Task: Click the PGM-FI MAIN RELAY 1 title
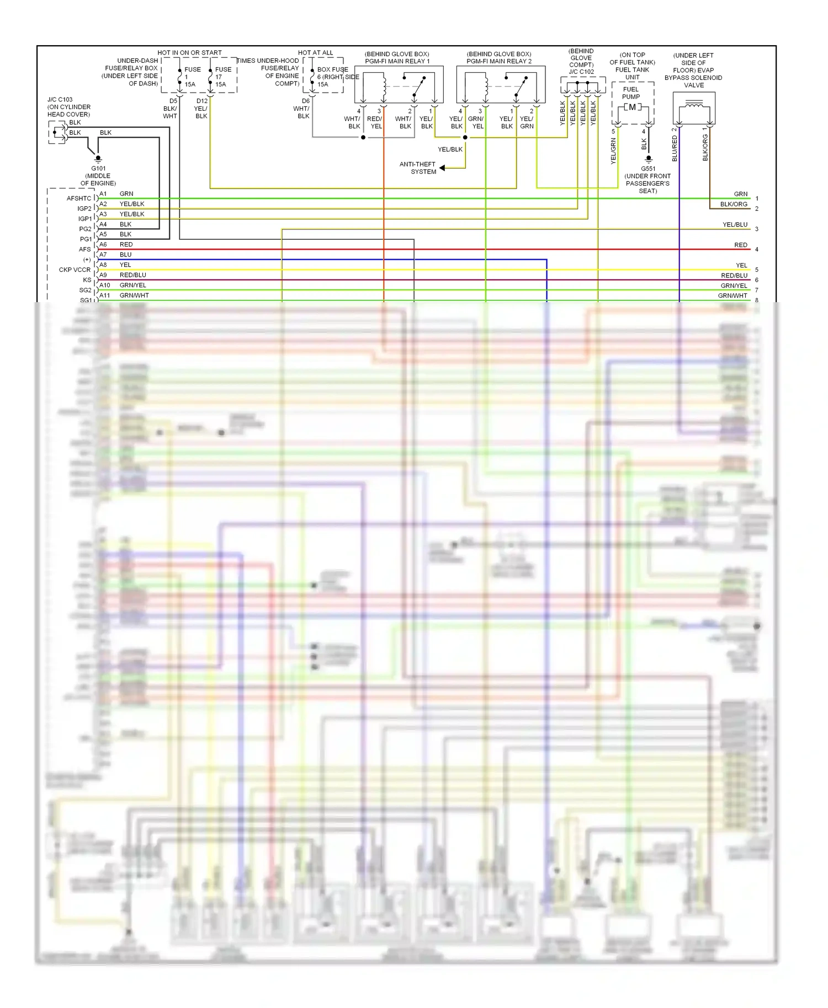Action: click(x=397, y=61)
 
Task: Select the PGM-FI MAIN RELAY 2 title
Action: click(x=499, y=61)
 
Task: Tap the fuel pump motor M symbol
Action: click(x=632, y=108)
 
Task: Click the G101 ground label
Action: click(x=98, y=169)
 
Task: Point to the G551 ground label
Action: click(x=648, y=169)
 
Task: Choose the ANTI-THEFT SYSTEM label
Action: click(x=418, y=168)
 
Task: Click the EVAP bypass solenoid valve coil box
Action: click(x=694, y=108)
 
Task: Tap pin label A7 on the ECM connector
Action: click(x=103, y=255)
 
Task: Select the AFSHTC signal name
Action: click(x=79, y=199)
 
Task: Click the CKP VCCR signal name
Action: click(x=75, y=270)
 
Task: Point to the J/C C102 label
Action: click(x=581, y=72)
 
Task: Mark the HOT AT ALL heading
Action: click(x=315, y=53)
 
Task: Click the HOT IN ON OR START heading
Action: click(x=189, y=53)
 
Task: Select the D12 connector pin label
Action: click(x=202, y=101)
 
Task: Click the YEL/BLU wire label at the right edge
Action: click(x=735, y=224)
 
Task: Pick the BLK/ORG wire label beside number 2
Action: click(x=733, y=205)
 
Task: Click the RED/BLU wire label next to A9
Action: click(x=132, y=275)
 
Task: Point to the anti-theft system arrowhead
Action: click(x=442, y=168)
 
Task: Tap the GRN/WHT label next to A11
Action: click(x=134, y=296)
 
